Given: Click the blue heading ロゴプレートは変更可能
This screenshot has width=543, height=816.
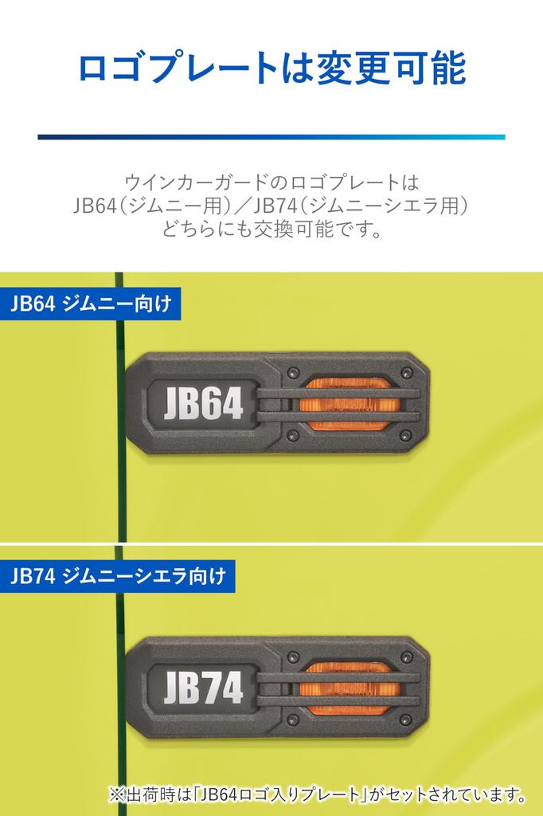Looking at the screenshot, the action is (271, 69).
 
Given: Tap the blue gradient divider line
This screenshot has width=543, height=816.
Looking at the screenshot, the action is (271, 137).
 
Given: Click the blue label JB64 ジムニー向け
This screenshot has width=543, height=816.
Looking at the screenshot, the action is (91, 304).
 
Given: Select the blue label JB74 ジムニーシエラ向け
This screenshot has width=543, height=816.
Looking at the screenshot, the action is (118, 576).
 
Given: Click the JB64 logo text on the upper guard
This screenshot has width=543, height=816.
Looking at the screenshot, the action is (203, 404).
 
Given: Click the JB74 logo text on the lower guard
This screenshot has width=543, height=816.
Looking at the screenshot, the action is (203, 687).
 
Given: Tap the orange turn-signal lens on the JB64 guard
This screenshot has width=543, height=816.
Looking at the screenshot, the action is (349, 404).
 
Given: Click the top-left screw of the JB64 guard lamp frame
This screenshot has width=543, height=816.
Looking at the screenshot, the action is (293, 373).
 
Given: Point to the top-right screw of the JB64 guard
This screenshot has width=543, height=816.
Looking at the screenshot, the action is (407, 373).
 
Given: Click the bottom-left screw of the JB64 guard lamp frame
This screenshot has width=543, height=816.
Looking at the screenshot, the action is (293, 435).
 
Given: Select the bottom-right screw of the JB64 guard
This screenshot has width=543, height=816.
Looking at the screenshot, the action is (407, 435).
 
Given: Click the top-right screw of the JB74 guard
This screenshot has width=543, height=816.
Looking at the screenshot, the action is (407, 657).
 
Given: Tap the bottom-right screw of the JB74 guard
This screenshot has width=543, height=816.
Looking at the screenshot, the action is (407, 720).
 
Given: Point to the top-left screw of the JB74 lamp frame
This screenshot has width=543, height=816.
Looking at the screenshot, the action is (293, 657).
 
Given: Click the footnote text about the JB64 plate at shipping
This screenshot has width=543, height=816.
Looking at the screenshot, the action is (317, 794).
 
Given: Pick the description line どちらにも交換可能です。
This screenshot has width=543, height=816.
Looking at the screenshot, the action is (271, 229).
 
